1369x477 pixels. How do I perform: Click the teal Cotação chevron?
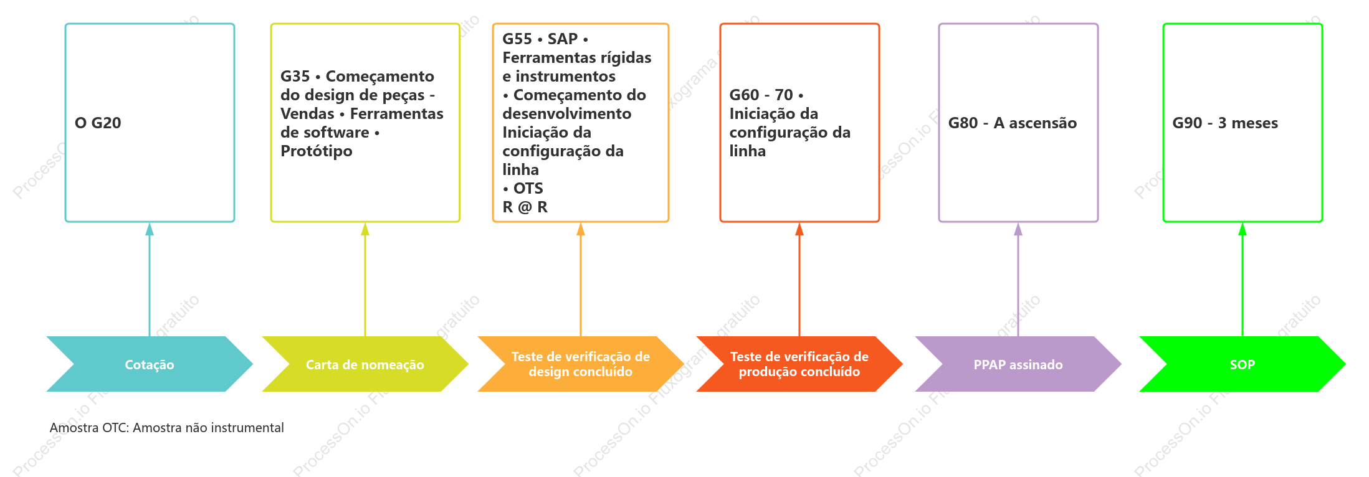click(x=150, y=364)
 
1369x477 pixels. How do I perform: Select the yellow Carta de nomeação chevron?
click(x=365, y=364)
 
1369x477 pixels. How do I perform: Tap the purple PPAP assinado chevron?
click(x=1018, y=364)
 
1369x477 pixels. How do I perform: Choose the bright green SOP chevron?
click(x=1243, y=364)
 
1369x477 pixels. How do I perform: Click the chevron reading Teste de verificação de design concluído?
click(x=581, y=364)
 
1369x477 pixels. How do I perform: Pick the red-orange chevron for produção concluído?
click(x=799, y=364)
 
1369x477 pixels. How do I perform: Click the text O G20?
click(x=98, y=123)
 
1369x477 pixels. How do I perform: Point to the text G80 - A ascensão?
click(x=1013, y=123)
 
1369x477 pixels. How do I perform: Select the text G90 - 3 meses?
click(x=1225, y=123)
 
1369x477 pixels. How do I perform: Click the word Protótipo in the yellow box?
click(x=317, y=151)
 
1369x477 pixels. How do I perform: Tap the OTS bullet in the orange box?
click(x=523, y=188)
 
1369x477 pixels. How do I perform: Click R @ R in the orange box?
click(x=525, y=207)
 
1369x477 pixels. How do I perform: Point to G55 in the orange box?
click(x=517, y=39)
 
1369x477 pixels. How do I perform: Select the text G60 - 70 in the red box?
click(x=761, y=95)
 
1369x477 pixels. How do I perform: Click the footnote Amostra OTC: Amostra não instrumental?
click(x=166, y=428)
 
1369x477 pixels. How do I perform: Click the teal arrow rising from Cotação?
click(x=150, y=280)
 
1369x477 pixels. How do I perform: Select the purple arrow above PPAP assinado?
click(x=1018, y=280)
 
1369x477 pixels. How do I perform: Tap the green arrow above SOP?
click(x=1243, y=280)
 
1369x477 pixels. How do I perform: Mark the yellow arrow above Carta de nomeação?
click(x=365, y=280)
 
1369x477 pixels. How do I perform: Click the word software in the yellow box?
click(x=338, y=133)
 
